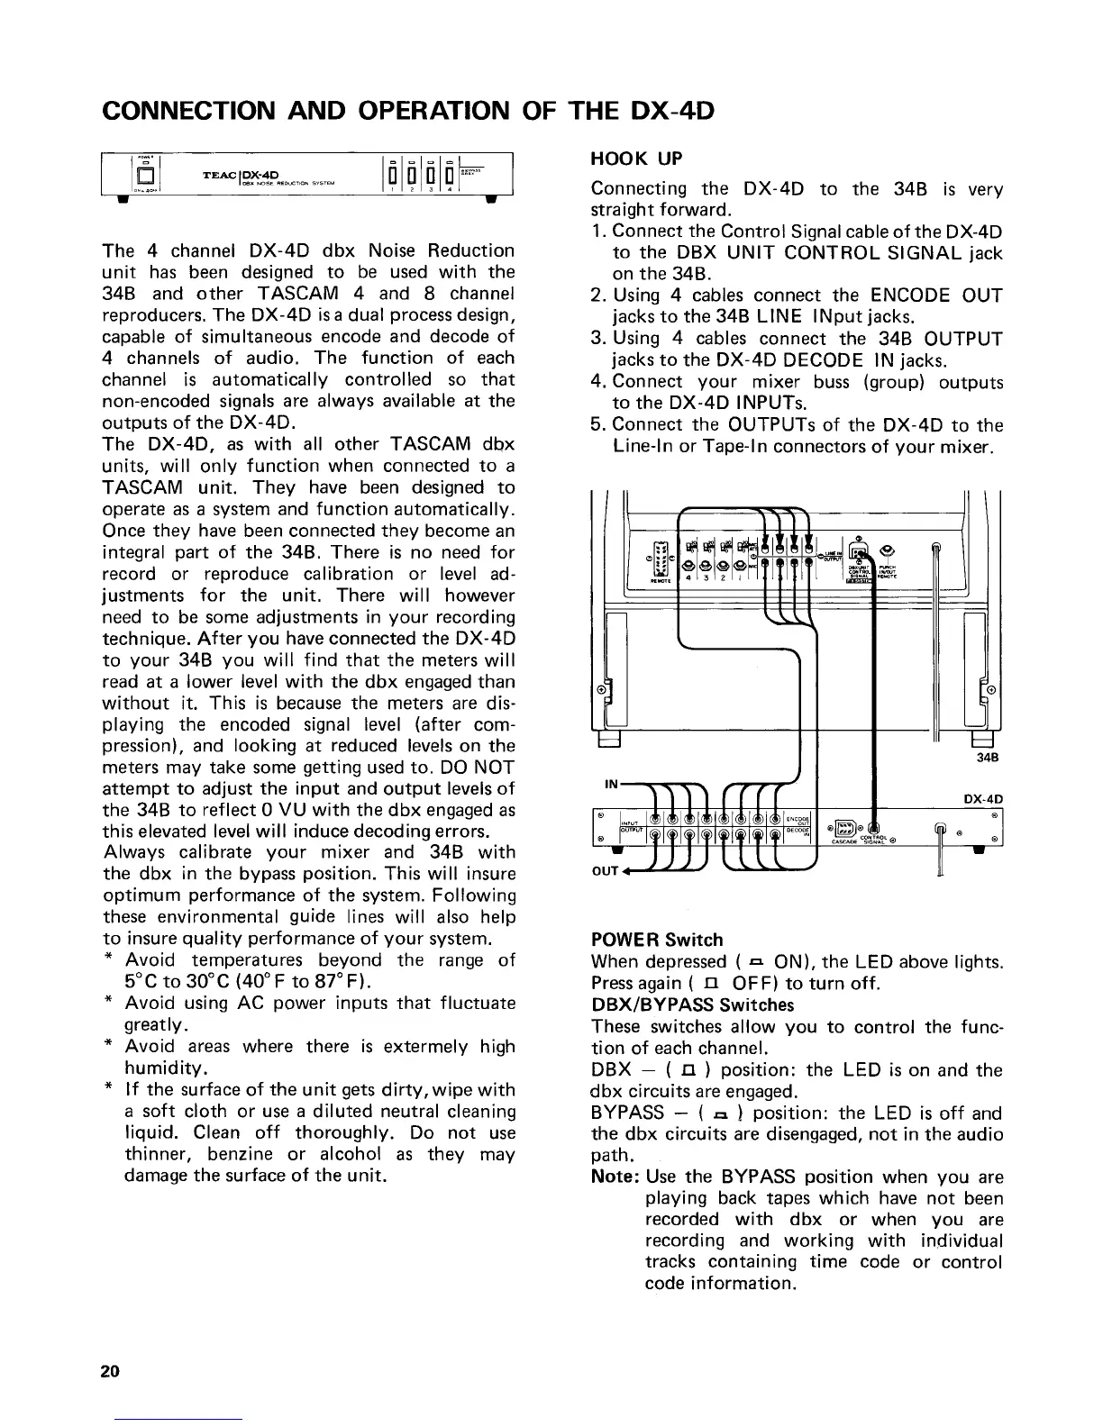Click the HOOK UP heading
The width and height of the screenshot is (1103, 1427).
click(x=636, y=159)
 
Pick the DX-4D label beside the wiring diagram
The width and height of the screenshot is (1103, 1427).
click(x=983, y=798)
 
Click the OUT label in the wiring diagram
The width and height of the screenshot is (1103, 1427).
click(x=606, y=872)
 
